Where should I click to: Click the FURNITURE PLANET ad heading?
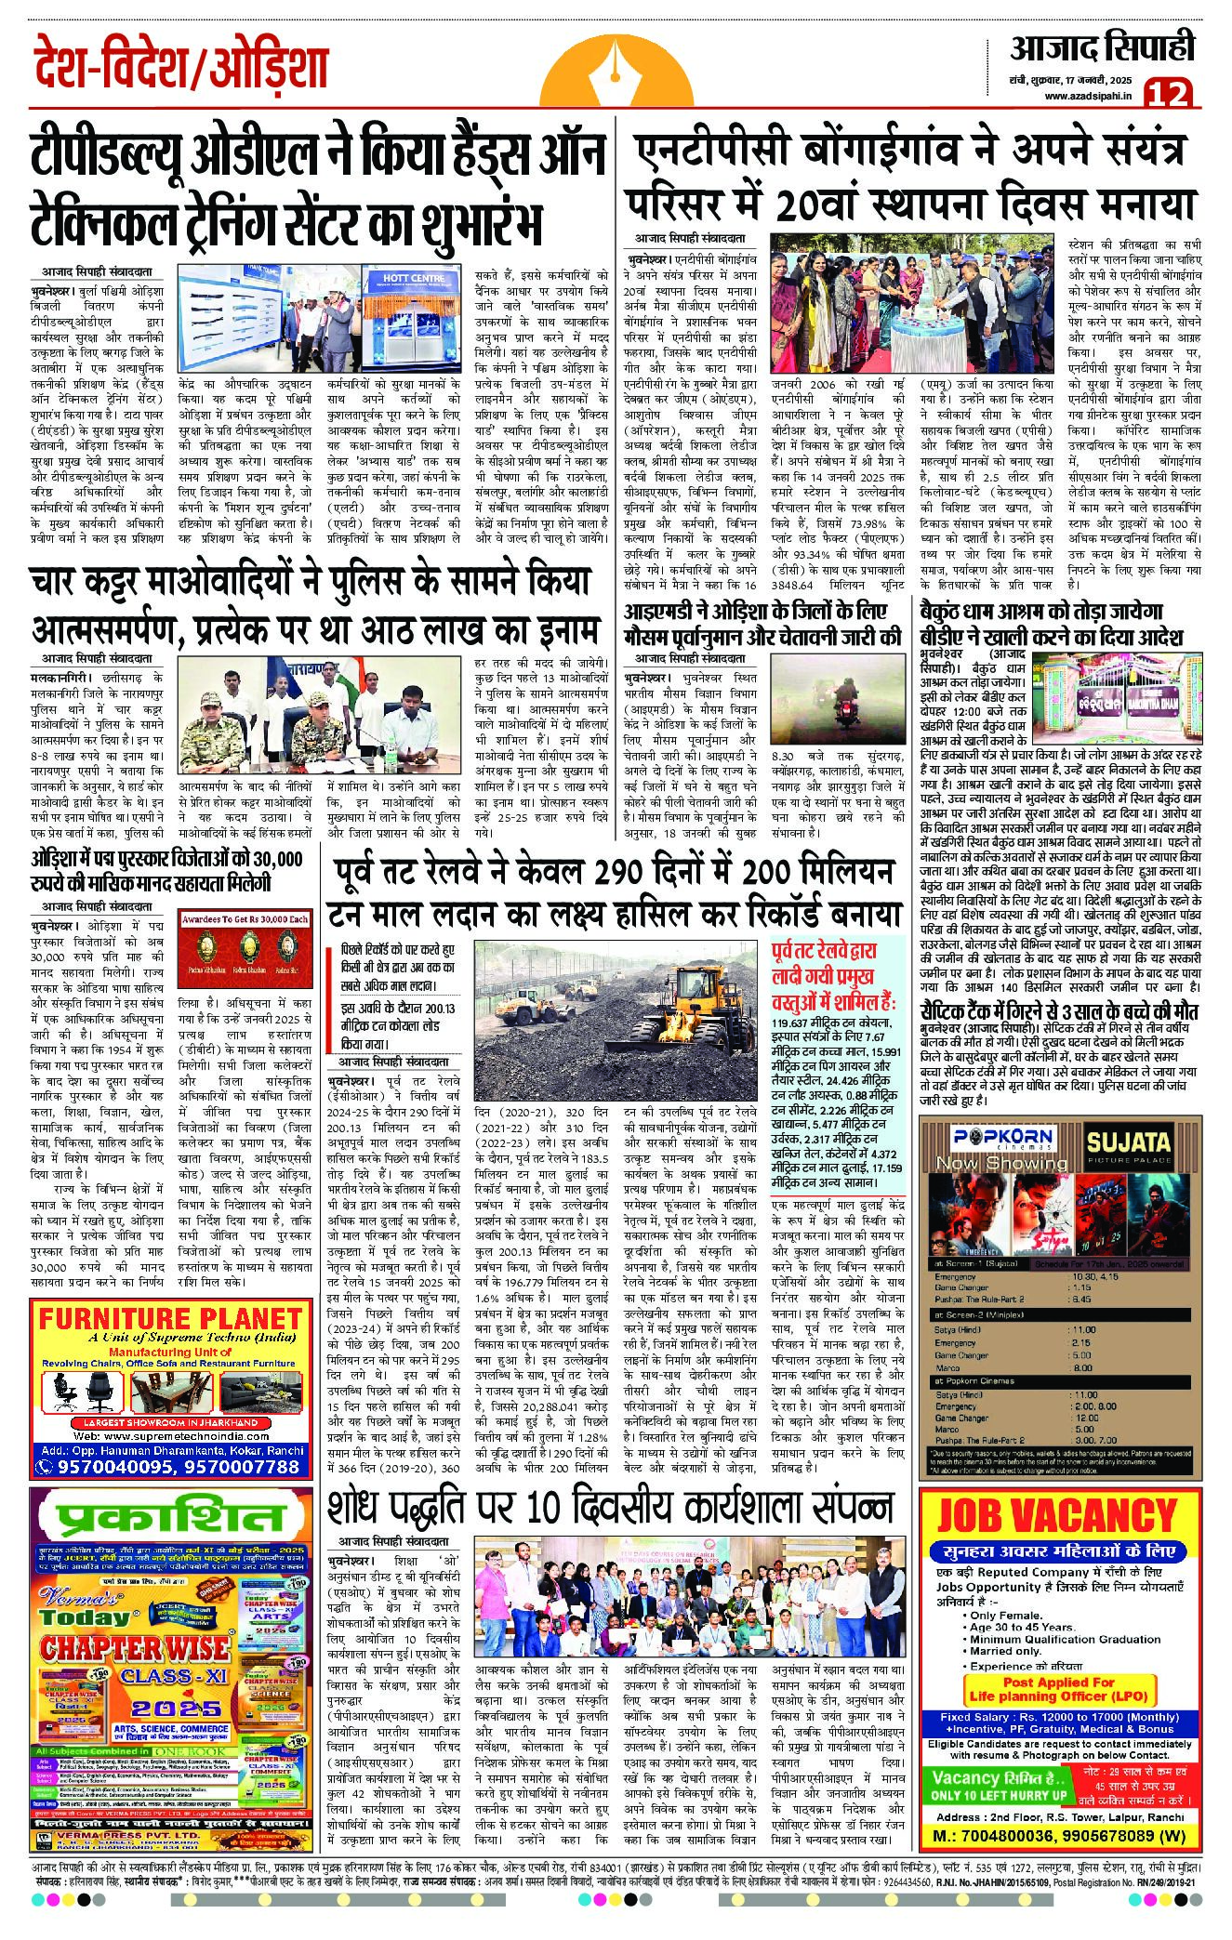click(x=170, y=1318)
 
